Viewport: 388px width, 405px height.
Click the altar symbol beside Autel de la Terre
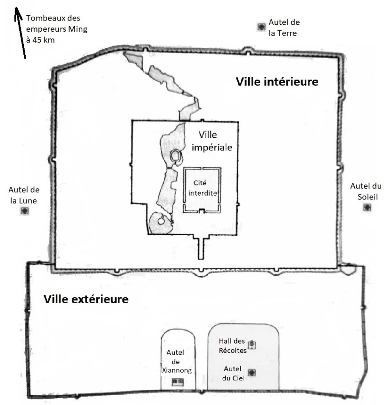[x=261, y=27]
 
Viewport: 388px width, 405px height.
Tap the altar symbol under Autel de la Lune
[x=24, y=211]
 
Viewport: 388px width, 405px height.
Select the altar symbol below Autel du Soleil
[x=367, y=207]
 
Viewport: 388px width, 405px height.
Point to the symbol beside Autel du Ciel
[x=251, y=372]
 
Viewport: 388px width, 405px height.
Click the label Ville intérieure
[x=277, y=82]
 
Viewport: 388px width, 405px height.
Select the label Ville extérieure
[x=86, y=299]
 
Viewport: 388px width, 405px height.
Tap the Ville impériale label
[x=211, y=142]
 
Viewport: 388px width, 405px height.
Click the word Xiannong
[x=177, y=371]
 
